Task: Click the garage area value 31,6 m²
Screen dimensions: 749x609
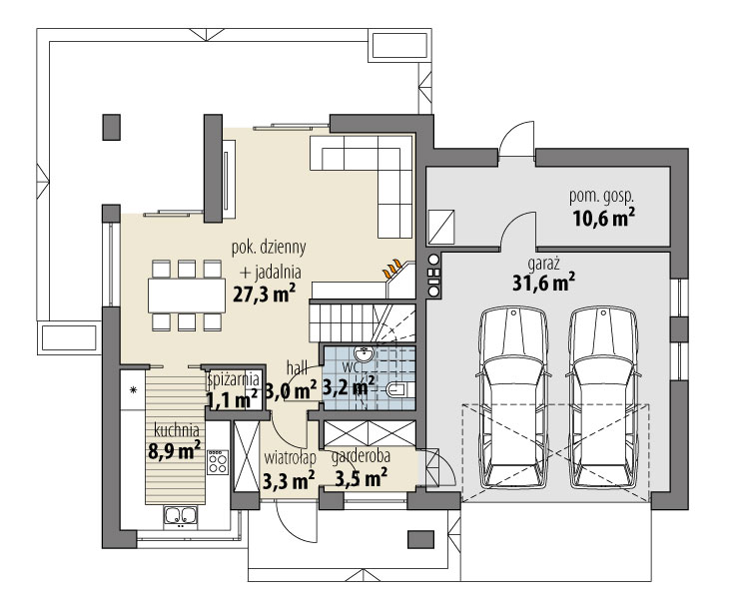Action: (x=543, y=283)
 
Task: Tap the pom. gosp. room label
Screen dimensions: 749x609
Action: (x=601, y=196)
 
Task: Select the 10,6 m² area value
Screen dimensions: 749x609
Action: (x=603, y=218)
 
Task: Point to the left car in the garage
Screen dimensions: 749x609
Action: (x=513, y=398)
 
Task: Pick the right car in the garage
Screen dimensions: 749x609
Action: (x=604, y=398)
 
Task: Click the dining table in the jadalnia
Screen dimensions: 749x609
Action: (x=187, y=296)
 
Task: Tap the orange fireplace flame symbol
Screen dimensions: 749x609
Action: (x=392, y=269)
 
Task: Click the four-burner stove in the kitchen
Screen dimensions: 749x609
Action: (x=218, y=462)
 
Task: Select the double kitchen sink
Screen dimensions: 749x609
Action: (x=181, y=515)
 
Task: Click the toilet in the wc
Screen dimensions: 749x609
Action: (x=397, y=390)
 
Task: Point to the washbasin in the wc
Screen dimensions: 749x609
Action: (x=364, y=354)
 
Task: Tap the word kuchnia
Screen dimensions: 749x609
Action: (x=176, y=430)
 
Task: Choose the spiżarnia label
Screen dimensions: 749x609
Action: (x=234, y=379)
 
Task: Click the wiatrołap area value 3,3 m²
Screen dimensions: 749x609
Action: (x=289, y=480)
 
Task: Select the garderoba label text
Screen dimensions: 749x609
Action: (x=361, y=456)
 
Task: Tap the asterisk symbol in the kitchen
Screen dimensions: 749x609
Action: (x=133, y=389)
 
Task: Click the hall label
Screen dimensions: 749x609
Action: (x=297, y=367)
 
